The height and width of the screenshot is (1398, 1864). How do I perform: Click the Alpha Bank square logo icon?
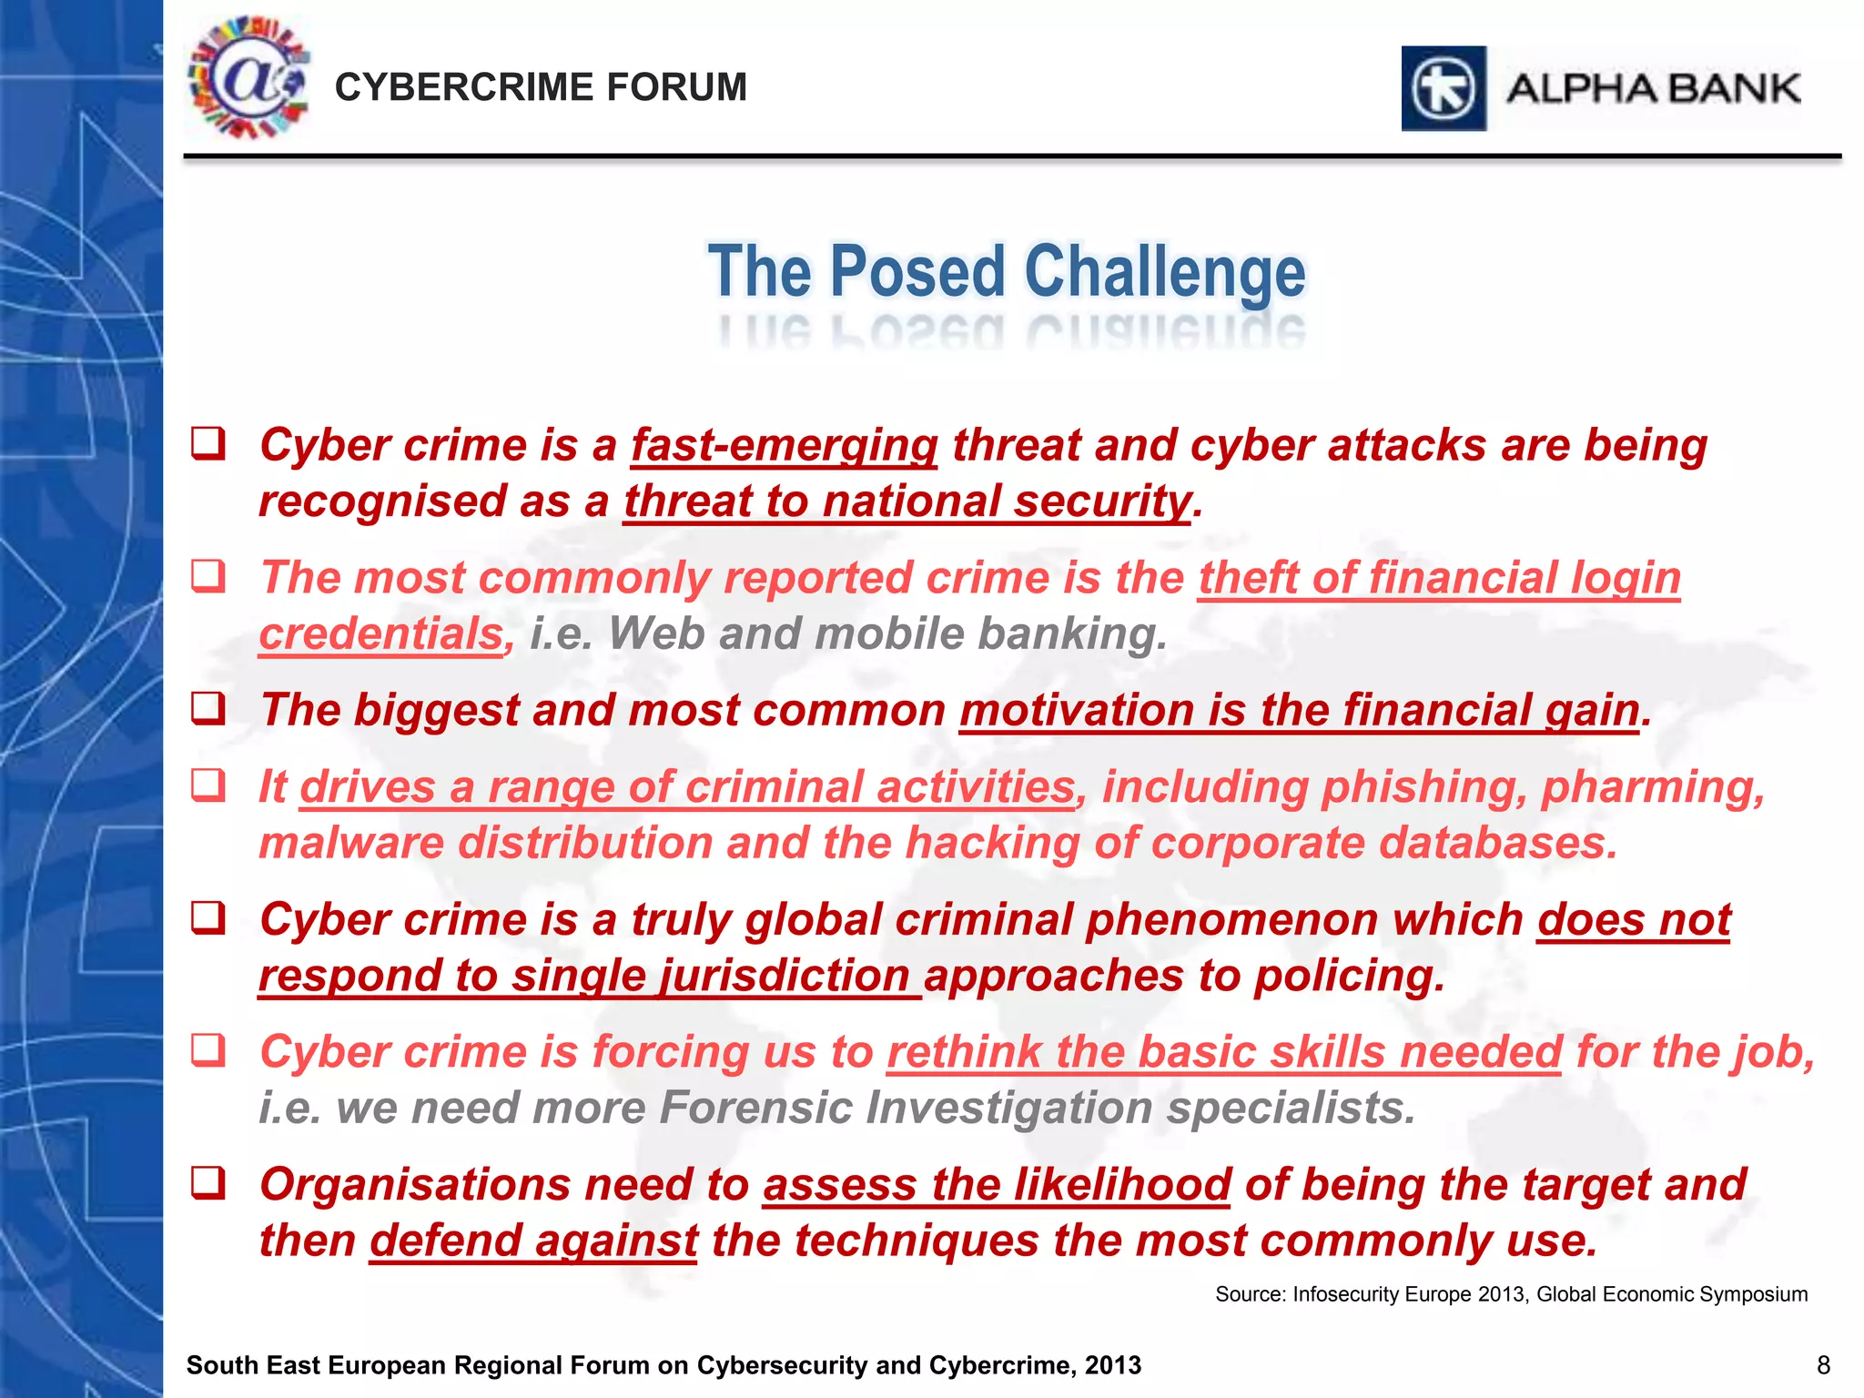pyautogui.click(x=1444, y=88)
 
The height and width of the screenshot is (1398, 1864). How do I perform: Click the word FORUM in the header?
pyautogui.click(x=676, y=87)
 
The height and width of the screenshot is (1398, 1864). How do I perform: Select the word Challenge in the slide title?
pyautogui.click(x=1165, y=272)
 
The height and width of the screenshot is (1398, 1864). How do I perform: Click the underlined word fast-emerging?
pyautogui.click(x=784, y=446)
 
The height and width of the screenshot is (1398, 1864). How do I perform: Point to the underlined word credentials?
pyautogui.click(x=380, y=634)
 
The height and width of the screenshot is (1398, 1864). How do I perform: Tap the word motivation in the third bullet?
pyautogui.click(x=1076, y=711)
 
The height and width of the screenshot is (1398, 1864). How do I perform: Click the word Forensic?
pyautogui.click(x=755, y=1109)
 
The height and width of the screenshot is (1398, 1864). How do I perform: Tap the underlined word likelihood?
pyautogui.click(x=1122, y=1185)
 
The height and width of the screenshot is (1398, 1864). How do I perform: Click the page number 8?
pyautogui.click(x=1823, y=1365)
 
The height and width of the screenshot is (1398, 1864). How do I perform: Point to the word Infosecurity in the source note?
pyautogui.click(x=1348, y=1294)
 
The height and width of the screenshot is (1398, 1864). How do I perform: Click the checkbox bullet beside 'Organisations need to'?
pyautogui.click(x=208, y=1183)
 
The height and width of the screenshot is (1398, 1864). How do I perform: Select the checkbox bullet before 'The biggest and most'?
pyautogui.click(x=208, y=708)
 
